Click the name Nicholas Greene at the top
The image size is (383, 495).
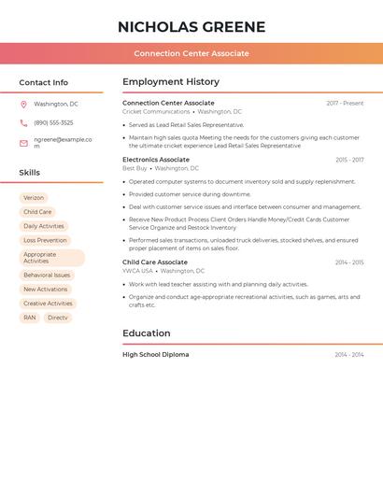[x=191, y=27]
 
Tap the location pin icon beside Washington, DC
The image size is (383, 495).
[x=23, y=105]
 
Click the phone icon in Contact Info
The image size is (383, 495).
[x=23, y=123]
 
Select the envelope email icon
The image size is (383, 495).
[x=23, y=143]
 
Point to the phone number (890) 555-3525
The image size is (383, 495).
[x=53, y=123]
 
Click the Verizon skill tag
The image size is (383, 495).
[x=34, y=198]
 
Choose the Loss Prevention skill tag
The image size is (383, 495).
[x=45, y=240]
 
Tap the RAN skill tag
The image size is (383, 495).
[x=30, y=318]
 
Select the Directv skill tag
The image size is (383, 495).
[x=58, y=318]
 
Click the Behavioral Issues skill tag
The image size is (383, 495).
[x=47, y=276]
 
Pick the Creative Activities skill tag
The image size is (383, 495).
[x=48, y=304]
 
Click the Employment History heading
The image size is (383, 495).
[x=171, y=82]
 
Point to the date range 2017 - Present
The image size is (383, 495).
[x=345, y=104]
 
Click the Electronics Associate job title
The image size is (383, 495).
[x=156, y=160]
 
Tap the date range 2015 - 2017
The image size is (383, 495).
[x=349, y=161]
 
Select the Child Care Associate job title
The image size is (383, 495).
[x=155, y=262]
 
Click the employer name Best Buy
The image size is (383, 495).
[x=135, y=168]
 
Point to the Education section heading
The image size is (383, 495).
[x=147, y=333]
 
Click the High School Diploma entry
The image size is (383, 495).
[x=156, y=355]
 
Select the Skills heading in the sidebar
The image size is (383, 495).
[x=30, y=173]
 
